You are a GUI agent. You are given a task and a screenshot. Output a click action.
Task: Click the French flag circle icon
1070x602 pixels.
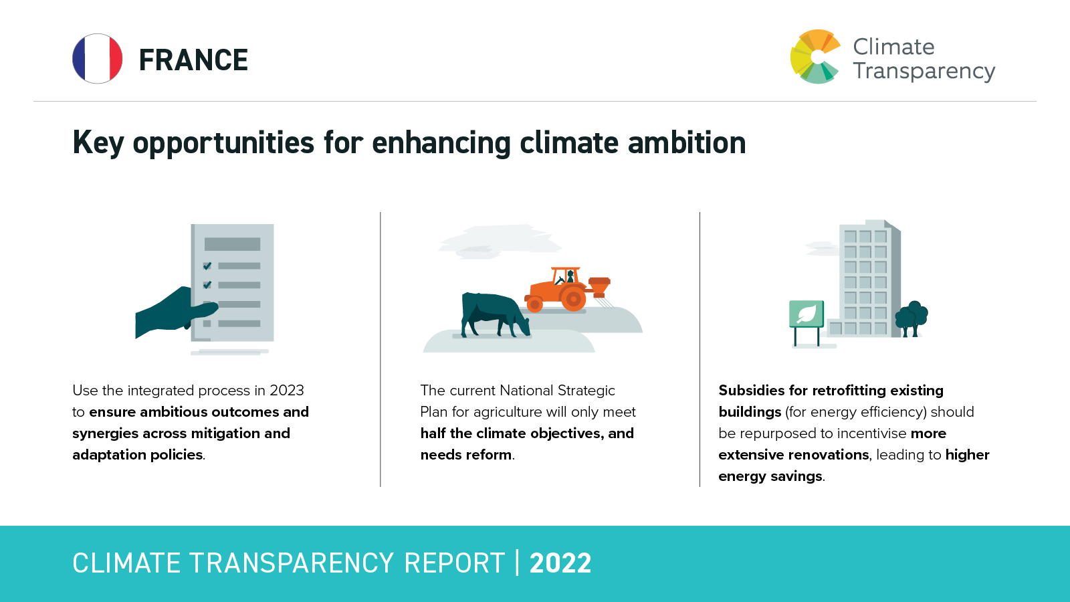coord(98,59)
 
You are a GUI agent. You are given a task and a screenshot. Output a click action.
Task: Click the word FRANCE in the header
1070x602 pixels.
coord(193,60)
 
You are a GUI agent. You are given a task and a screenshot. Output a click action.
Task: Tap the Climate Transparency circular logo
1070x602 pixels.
coord(815,57)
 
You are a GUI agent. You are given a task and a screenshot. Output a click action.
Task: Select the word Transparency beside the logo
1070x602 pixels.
coord(924,72)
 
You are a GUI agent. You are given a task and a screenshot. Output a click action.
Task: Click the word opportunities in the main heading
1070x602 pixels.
coord(223,143)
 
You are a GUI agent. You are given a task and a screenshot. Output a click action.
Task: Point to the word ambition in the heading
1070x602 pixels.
coord(686,142)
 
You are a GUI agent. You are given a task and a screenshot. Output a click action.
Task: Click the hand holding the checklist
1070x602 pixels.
coord(176,310)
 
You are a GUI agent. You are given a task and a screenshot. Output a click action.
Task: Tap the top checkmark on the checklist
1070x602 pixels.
coord(207,266)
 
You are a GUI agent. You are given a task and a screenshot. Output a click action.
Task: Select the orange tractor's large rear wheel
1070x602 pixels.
coord(573,299)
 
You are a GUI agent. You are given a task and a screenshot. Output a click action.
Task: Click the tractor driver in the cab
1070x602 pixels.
coord(569,277)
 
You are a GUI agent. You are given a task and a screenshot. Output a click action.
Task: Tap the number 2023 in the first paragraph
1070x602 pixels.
coord(287,391)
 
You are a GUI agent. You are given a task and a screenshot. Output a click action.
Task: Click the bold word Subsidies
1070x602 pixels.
coord(752,391)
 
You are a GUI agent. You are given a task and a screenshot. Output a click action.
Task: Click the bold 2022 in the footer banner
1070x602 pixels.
coord(560,563)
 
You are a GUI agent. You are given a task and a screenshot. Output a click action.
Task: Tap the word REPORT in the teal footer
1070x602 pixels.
coord(454,563)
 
